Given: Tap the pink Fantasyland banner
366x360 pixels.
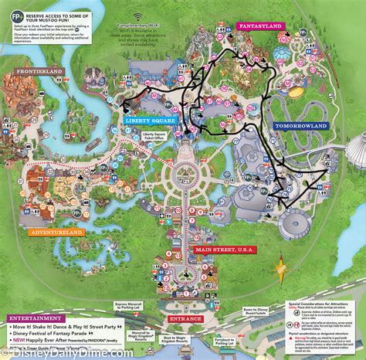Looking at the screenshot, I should tap(260, 25).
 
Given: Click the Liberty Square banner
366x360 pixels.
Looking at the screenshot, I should tap(149, 121).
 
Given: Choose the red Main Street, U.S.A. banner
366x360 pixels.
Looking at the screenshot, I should tap(224, 248).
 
